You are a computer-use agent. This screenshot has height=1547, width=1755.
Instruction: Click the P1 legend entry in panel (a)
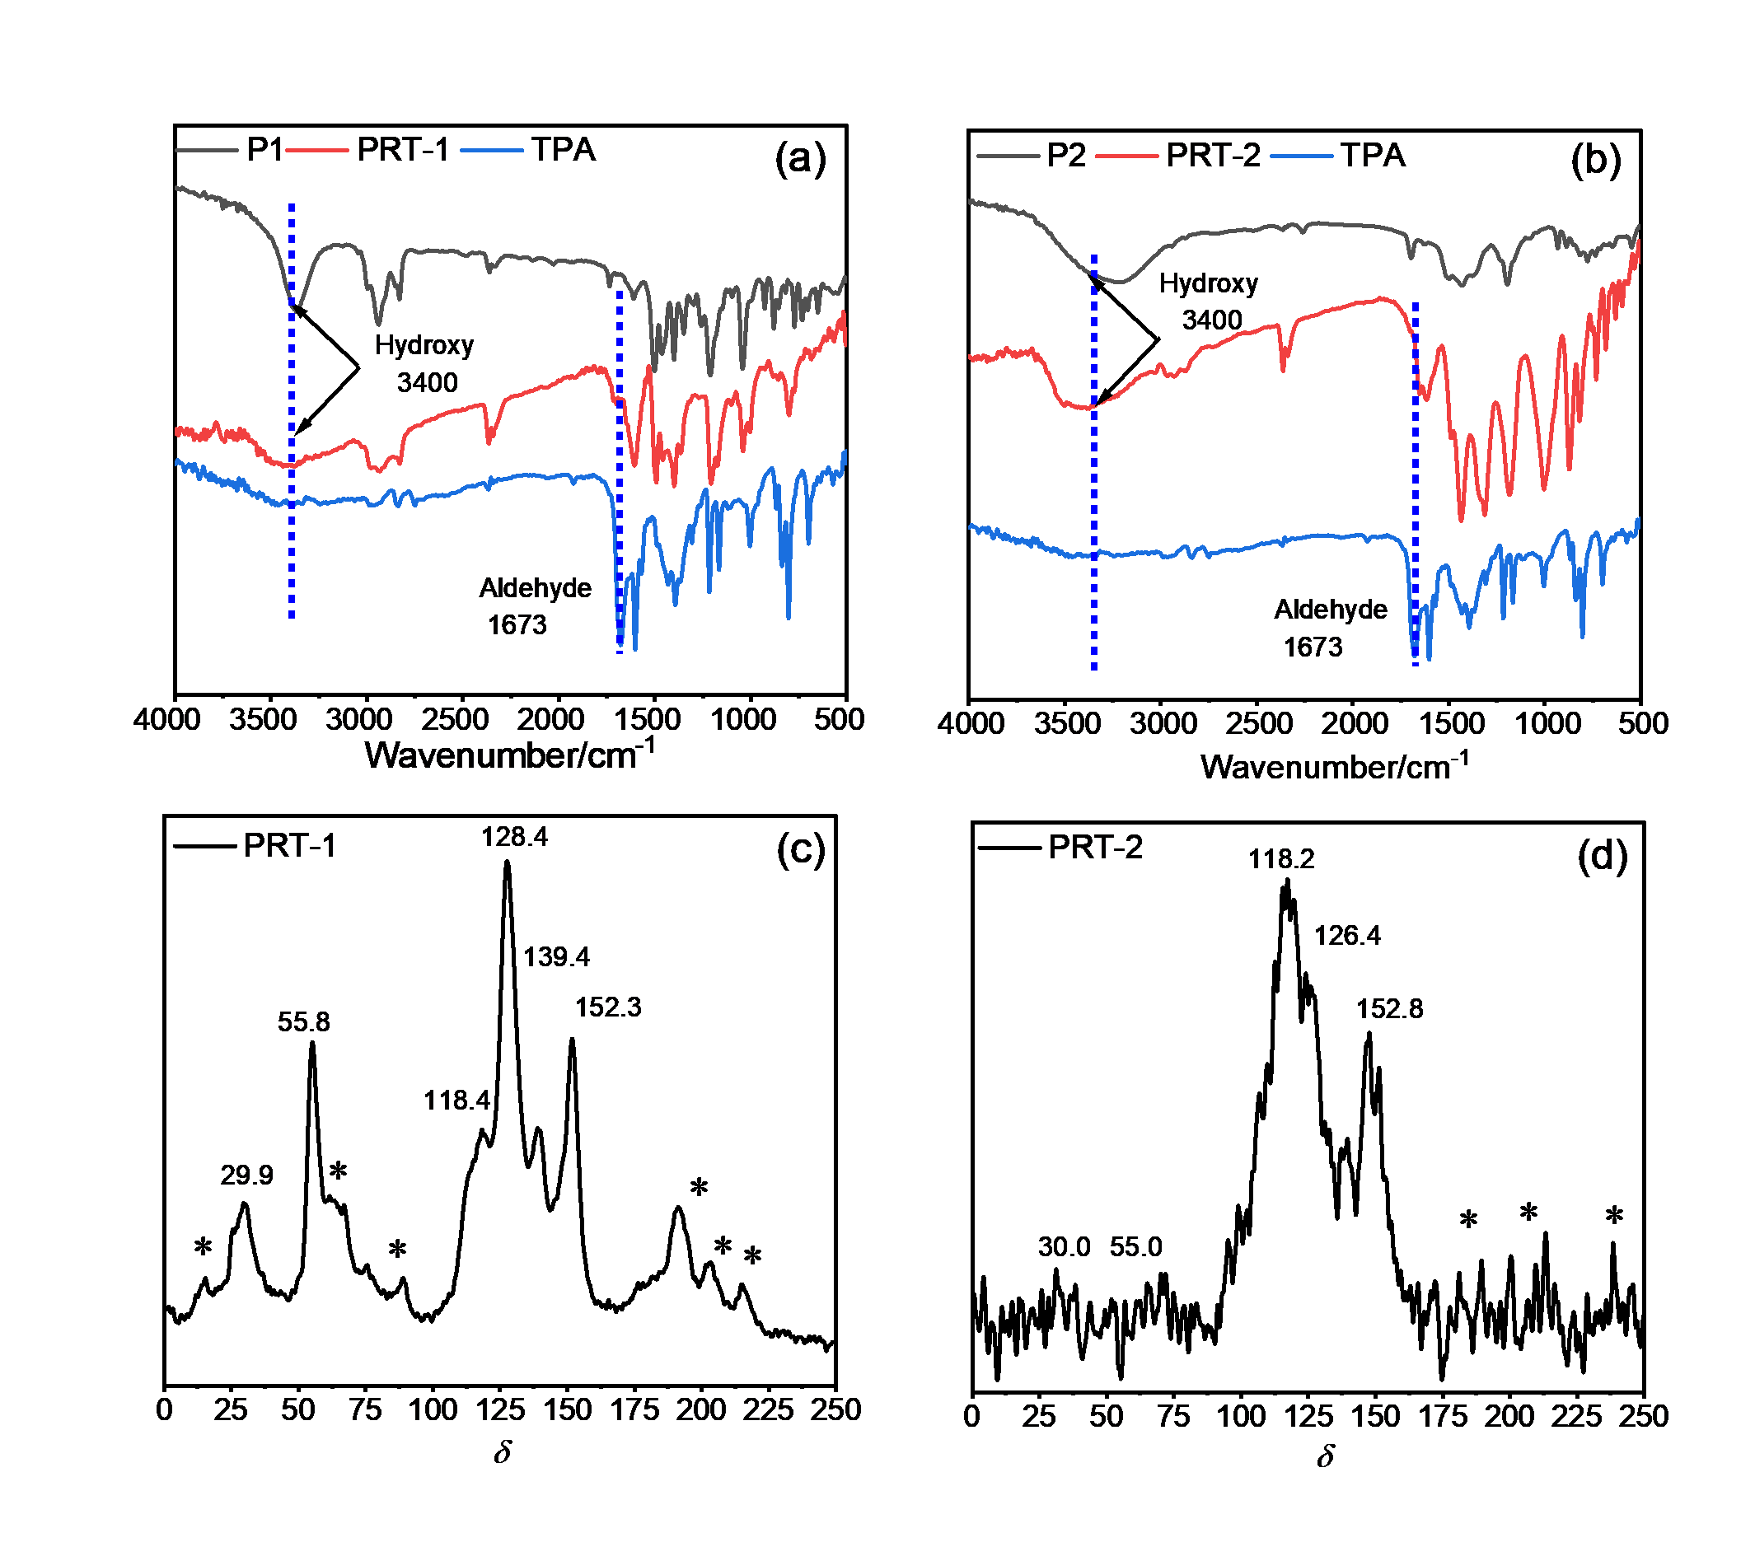(x=264, y=150)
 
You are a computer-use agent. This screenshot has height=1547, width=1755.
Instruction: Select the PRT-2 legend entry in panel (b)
(x=1213, y=156)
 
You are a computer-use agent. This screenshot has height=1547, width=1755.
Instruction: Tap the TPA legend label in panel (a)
(x=564, y=150)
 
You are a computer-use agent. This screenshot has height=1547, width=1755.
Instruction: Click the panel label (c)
(x=800, y=849)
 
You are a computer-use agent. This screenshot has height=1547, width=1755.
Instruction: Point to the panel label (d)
(x=1603, y=857)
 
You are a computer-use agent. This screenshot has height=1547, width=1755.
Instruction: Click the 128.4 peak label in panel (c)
(x=514, y=836)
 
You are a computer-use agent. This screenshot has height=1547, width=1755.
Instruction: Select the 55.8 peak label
(x=303, y=1021)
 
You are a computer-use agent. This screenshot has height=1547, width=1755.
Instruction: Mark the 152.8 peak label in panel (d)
(x=1389, y=1009)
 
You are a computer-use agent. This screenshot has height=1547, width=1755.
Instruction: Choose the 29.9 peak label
(x=246, y=1175)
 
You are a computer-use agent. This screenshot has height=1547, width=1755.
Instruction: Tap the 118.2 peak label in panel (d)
(x=1281, y=858)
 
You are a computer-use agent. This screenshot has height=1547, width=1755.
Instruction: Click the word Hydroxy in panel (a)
(x=424, y=345)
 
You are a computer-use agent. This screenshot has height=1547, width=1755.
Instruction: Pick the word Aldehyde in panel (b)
(x=1330, y=610)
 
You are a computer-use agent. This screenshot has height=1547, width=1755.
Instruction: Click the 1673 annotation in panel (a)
(x=517, y=625)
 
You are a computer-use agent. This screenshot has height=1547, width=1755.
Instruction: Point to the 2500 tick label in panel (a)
(x=455, y=719)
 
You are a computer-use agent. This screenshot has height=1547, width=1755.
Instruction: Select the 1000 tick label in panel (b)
(x=1547, y=724)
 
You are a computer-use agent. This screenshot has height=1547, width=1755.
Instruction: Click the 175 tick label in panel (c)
(x=634, y=1409)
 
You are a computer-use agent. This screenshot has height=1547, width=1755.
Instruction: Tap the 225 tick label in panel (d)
(x=1576, y=1417)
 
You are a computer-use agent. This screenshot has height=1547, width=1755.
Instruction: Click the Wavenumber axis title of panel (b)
(x=1334, y=766)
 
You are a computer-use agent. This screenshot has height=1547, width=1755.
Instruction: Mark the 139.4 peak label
(x=556, y=956)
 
